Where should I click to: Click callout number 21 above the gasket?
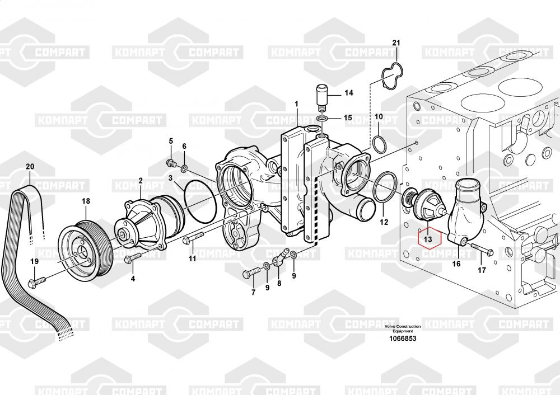point(396,43)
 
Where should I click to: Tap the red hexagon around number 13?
point(428,239)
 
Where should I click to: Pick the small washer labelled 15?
point(322,119)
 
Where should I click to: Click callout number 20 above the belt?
point(30,166)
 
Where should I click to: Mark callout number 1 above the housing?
point(297,104)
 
